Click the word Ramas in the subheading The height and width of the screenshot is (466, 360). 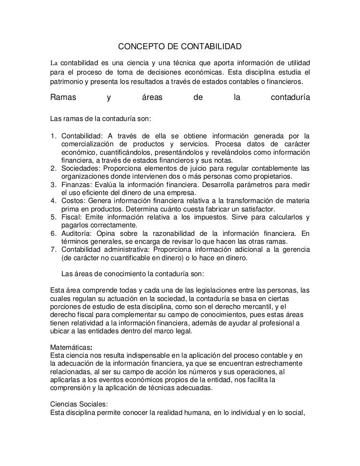pyautogui.click(x=63, y=98)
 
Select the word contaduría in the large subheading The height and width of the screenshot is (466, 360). pyautogui.click(x=290, y=98)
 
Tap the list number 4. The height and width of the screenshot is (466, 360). pyautogui.click(x=53, y=201)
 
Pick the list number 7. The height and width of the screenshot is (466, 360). pyautogui.click(x=53, y=250)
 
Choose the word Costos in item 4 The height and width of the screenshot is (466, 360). pyautogui.click(x=73, y=201)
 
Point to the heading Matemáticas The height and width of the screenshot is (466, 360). pyautogui.click(x=70, y=347)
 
